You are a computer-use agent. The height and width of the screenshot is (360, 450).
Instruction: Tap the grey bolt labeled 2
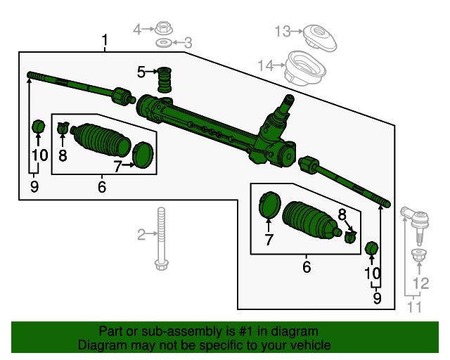click(x=162, y=239)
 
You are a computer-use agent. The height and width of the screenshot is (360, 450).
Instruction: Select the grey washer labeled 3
click(x=163, y=44)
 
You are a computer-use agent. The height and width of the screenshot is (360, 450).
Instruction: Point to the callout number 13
click(x=282, y=31)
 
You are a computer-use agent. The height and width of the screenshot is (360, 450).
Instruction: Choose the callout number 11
click(x=416, y=307)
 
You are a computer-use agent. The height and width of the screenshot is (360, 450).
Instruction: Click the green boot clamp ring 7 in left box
click(x=143, y=155)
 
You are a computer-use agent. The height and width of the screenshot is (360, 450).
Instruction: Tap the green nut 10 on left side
click(x=39, y=127)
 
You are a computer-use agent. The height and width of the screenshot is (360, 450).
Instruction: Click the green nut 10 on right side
click(x=373, y=248)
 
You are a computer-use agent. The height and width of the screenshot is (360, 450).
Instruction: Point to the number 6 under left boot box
click(x=102, y=187)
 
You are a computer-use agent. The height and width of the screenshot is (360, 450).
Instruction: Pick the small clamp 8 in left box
click(x=63, y=128)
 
